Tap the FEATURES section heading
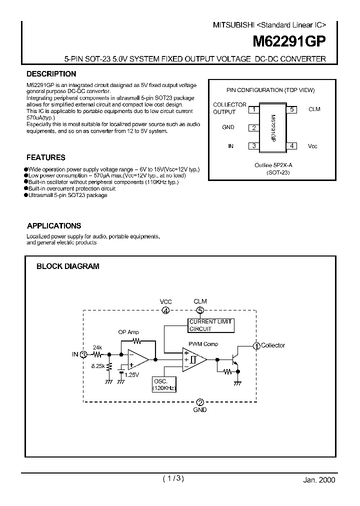click(46, 157)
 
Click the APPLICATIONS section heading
click(54, 226)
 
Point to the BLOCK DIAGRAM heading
click(68, 266)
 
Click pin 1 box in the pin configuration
click(254, 109)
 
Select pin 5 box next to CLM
click(292, 109)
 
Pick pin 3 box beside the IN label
click(254, 146)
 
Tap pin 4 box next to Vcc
click(292, 146)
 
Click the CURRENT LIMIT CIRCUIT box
click(210, 325)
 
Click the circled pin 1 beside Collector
click(256, 345)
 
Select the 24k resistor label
click(97, 347)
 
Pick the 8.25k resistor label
click(97, 366)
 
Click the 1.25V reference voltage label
click(131, 374)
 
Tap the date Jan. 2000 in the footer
click(319, 479)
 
